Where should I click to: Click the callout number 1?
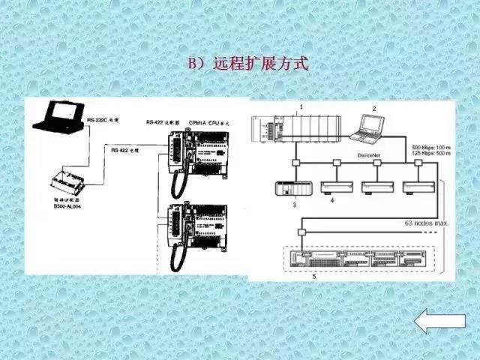point(301,108)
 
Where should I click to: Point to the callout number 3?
point(295,204)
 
